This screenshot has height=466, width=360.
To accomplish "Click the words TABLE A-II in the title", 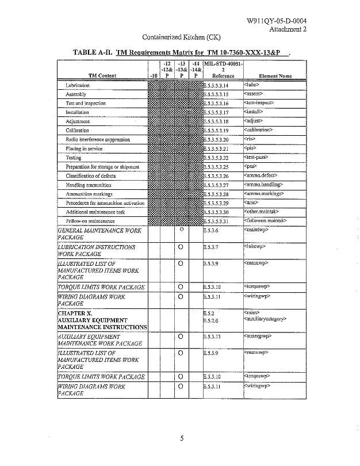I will click(x=92, y=52).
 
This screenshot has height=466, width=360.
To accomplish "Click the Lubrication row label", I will click(x=77, y=85).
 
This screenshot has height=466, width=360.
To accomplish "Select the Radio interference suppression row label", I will click(x=98, y=139).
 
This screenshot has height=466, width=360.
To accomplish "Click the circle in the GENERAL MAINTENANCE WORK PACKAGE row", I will click(x=181, y=230).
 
